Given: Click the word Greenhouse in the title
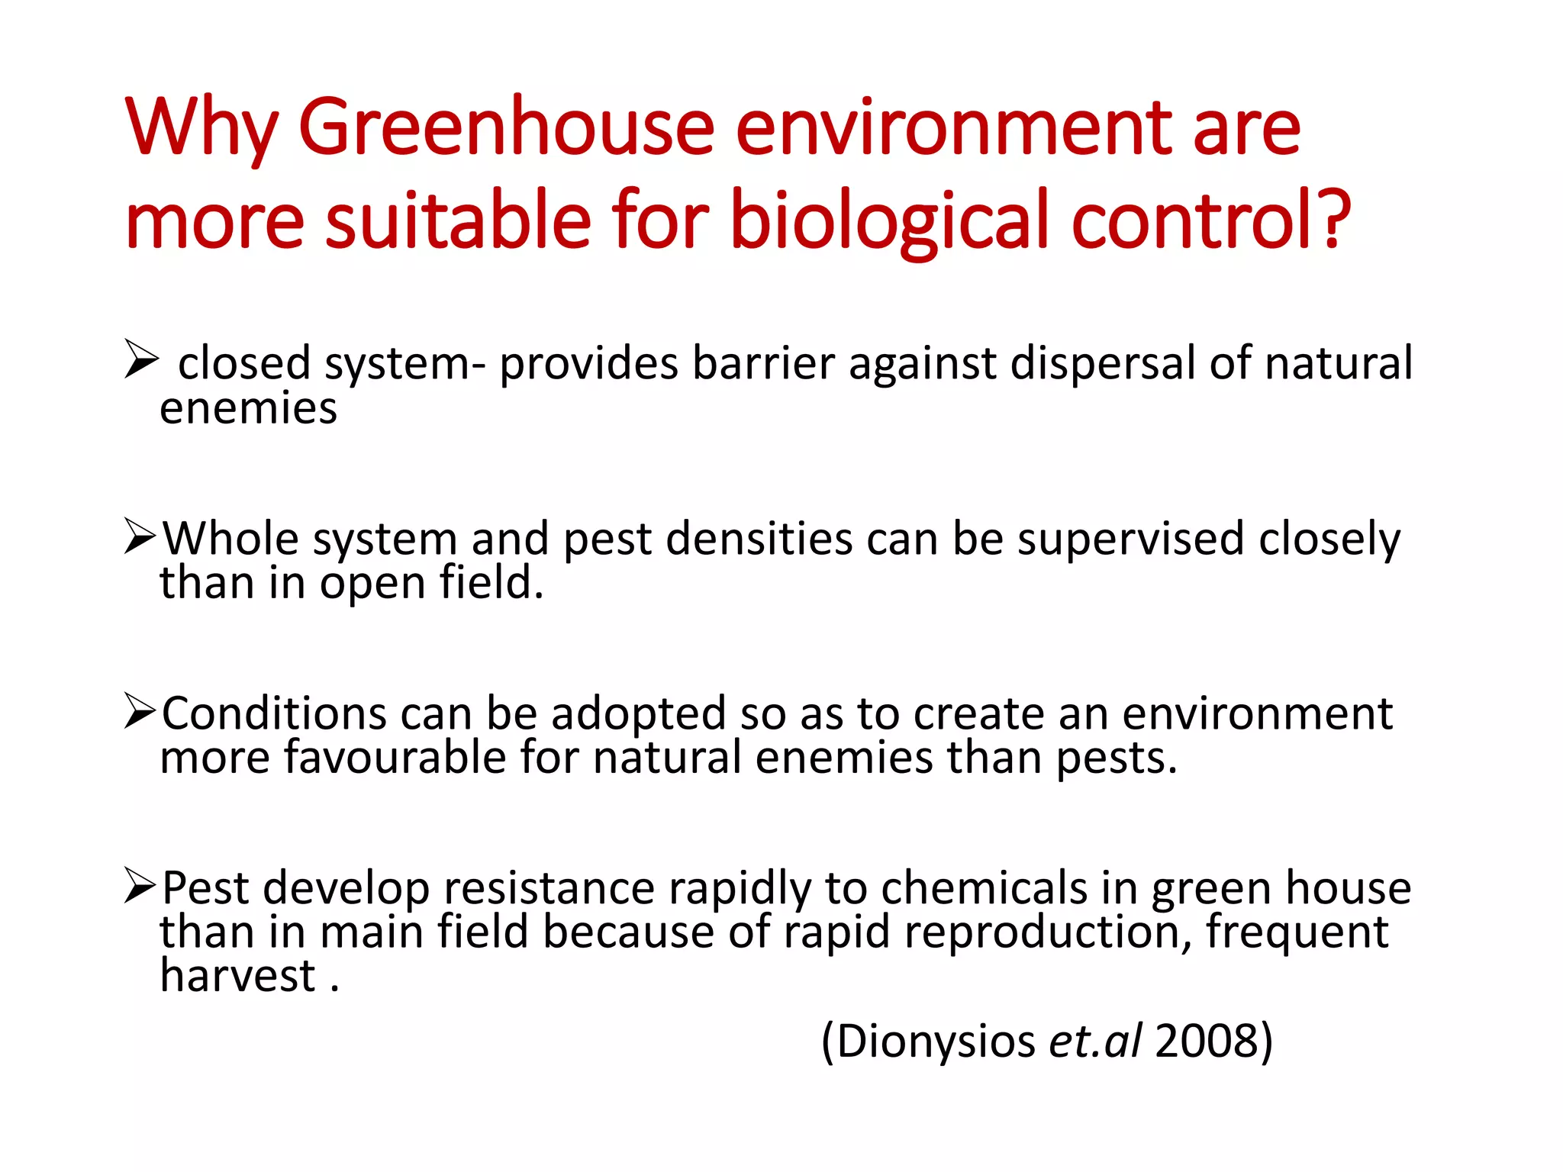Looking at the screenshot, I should click(x=506, y=127).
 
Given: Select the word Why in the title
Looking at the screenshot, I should click(x=200, y=128).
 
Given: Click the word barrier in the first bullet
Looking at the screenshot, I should click(x=763, y=362).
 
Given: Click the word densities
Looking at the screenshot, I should click(x=759, y=539).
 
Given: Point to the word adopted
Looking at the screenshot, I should click(x=638, y=715).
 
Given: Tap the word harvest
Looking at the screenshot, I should click(x=237, y=976).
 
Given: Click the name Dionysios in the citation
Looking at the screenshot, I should click(x=936, y=1041).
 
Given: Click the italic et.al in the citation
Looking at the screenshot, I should click(x=1095, y=1041).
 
